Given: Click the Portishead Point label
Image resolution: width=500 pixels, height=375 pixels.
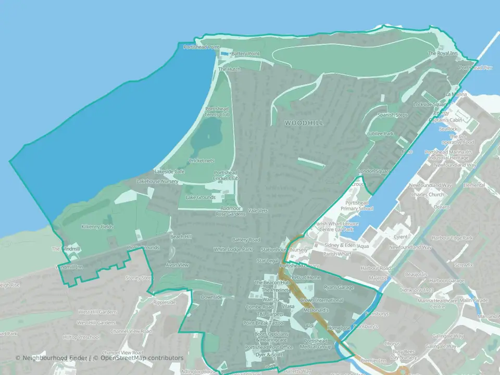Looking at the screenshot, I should click(202, 47).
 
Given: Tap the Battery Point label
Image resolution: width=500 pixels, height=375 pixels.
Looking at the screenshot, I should click(245, 54).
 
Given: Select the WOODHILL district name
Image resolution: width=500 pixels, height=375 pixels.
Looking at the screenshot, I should click(304, 122).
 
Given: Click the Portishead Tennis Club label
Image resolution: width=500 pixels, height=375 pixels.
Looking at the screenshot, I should click(217, 111).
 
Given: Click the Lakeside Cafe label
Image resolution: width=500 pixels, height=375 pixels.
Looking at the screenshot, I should click(169, 171).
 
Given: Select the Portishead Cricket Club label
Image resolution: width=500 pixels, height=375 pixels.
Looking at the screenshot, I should click(226, 175).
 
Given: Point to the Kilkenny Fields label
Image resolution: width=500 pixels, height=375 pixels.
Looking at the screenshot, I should click(97, 227).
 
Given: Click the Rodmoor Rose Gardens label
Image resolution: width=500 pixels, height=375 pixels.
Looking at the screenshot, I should click(230, 211).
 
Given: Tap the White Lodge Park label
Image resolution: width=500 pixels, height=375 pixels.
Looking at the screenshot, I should click(233, 249).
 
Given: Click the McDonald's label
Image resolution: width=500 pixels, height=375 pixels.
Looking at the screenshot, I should click(317, 310).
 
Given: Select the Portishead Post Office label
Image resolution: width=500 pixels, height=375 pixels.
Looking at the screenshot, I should click(269, 347).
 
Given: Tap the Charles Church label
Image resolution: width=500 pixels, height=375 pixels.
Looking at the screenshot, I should click(427, 195).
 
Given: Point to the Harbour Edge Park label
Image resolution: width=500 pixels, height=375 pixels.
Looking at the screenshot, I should click(455, 238).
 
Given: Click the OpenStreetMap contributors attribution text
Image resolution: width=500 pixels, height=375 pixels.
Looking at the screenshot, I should click(142, 358).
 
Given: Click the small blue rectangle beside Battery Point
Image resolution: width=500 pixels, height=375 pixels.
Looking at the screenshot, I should click(224, 54).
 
